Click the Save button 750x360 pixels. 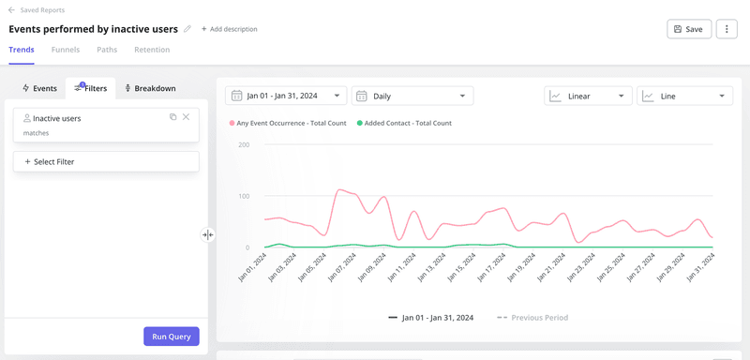(x=688, y=29)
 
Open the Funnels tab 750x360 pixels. (x=66, y=50)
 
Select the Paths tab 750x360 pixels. (x=107, y=50)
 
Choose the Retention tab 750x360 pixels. (x=152, y=50)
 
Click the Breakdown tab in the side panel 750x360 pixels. (x=150, y=88)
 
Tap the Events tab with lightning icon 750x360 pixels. (x=39, y=88)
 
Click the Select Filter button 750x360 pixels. (x=106, y=162)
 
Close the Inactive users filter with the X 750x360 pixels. (x=186, y=117)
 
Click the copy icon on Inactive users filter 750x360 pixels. (x=172, y=117)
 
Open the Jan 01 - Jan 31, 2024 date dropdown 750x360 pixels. (x=286, y=96)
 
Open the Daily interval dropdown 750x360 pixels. (x=412, y=96)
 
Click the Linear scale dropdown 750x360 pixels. (x=588, y=96)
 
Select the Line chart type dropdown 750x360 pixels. (x=684, y=96)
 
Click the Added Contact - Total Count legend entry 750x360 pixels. (x=404, y=123)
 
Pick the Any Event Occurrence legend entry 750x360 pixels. (x=288, y=123)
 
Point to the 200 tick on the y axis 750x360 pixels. (x=243, y=145)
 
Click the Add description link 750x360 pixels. (x=229, y=29)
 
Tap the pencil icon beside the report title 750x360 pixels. (x=187, y=29)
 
